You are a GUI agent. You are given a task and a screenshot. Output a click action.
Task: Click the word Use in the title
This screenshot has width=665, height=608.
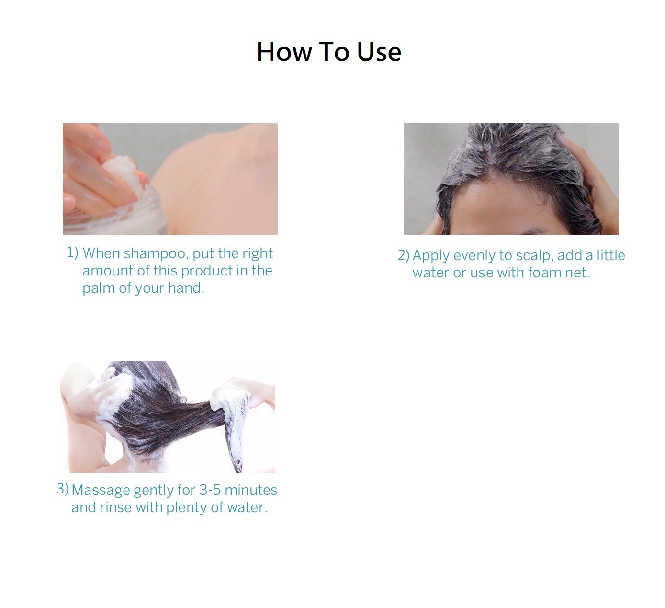[379, 52]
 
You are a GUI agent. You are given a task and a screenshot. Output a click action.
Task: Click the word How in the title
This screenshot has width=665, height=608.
[284, 52]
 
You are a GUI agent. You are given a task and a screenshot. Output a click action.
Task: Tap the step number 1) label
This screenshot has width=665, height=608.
[72, 253]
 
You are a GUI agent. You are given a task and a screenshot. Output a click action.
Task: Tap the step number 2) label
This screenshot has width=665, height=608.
[404, 255]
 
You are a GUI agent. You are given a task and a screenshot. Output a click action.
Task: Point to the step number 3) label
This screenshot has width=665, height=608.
[63, 489]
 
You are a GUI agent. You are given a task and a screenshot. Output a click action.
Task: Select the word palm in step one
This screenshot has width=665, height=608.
[99, 288]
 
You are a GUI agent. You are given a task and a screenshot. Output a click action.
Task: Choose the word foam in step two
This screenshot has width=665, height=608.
[544, 273]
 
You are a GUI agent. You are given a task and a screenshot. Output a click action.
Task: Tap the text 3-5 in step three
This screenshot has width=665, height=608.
[210, 490]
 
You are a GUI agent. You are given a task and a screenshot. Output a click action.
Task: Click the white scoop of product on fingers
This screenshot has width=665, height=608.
[121, 175]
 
